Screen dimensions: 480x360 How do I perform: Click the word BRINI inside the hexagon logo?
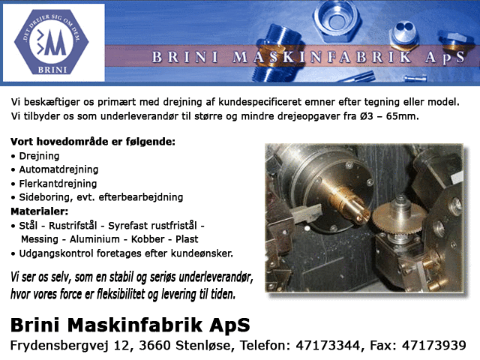coord(52,70)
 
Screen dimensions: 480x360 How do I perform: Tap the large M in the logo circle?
coord(55,42)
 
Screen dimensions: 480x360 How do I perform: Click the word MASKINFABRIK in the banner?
coord(322,57)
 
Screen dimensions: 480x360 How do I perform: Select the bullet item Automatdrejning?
coord(58,169)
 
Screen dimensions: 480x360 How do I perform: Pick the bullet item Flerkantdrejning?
coord(58,184)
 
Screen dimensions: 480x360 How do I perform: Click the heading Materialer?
coord(40,211)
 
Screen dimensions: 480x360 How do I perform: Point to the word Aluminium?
coord(94,239)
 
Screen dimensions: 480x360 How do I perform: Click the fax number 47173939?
coord(433,345)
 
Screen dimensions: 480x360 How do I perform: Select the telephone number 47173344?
coord(328,345)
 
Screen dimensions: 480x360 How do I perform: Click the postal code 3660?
coord(154,345)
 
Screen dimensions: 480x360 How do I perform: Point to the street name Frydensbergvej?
coord(59,346)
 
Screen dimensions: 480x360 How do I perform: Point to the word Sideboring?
coord(46,197)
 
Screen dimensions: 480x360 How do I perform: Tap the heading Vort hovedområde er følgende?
coord(93,142)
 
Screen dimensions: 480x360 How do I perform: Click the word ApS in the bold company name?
coord(229,325)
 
